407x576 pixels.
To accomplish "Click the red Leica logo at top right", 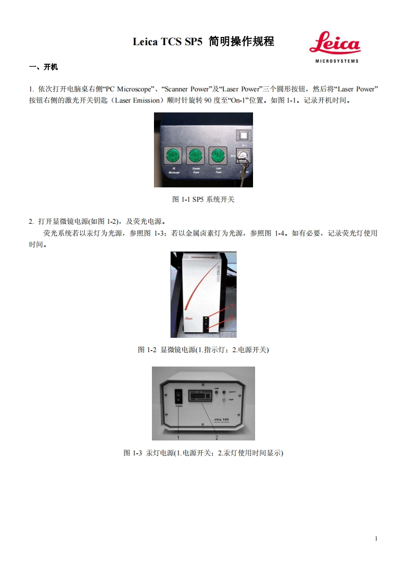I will (335, 43).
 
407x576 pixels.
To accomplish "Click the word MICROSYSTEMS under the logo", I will (336, 61).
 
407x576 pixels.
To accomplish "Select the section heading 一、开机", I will (44, 67).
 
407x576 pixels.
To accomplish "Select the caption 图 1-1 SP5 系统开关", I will (203, 199).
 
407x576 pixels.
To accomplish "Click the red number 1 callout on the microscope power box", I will (231, 305).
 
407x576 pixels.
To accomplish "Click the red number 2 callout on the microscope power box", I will (231, 318).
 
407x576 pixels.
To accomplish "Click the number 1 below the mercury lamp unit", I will (178, 438).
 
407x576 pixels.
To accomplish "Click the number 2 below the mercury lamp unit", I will (217, 438).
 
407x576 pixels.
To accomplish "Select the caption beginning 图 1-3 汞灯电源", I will (203, 453).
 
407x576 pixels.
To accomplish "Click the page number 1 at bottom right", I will (376, 539).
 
